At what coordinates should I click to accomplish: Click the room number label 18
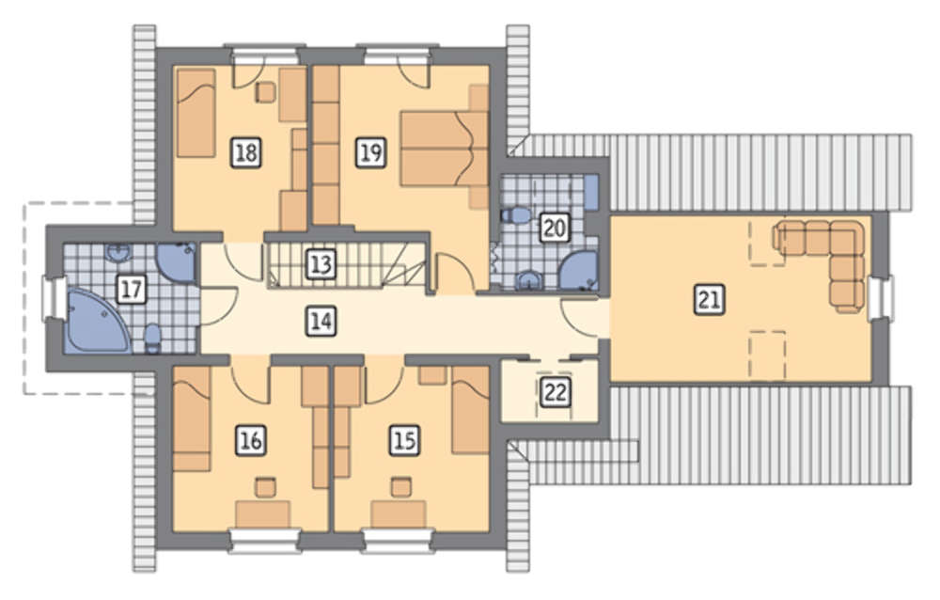(x=246, y=152)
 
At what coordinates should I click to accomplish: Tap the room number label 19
(x=371, y=152)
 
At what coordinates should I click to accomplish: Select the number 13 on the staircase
(x=321, y=264)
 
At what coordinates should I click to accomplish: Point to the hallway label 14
(x=321, y=321)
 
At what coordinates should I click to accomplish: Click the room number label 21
(x=709, y=299)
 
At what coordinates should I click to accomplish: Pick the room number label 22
(x=556, y=392)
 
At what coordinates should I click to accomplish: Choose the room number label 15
(x=404, y=441)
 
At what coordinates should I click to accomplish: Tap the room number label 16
(x=251, y=441)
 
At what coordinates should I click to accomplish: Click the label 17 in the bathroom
(x=132, y=290)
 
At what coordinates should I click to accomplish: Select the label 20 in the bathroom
(x=554, y=228)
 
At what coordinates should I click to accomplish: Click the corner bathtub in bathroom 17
(x=96, y=320)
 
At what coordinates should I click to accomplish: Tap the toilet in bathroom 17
(x=153, y=338)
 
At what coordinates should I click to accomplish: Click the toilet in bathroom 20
(x=515, y=214)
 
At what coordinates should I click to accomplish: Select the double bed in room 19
(x=445, y=148)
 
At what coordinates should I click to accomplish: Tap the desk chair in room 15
(x=401, y=486)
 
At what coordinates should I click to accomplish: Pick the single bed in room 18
(x=196, y=113)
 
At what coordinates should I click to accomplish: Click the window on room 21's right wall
(x=882, y=295)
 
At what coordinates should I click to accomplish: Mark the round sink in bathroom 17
(x=118, y=253)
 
